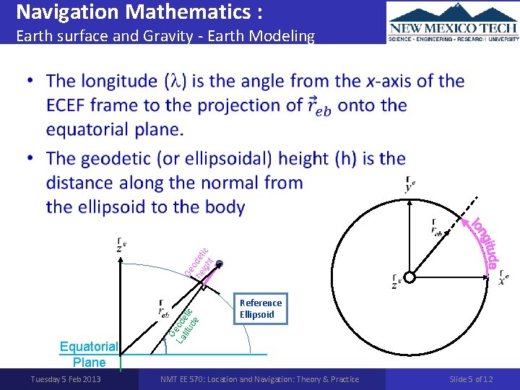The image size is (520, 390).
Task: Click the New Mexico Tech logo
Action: click(453, 22)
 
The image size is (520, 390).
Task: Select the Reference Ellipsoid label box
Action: click(261, 308)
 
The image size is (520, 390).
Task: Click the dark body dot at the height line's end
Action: click(220, 264)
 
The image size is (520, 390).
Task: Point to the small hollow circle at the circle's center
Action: click(409, 278)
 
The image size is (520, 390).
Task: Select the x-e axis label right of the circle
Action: click(503, 278)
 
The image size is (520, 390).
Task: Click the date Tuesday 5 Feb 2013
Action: click(65, 379)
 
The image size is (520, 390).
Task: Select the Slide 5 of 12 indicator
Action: click(471, 379)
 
